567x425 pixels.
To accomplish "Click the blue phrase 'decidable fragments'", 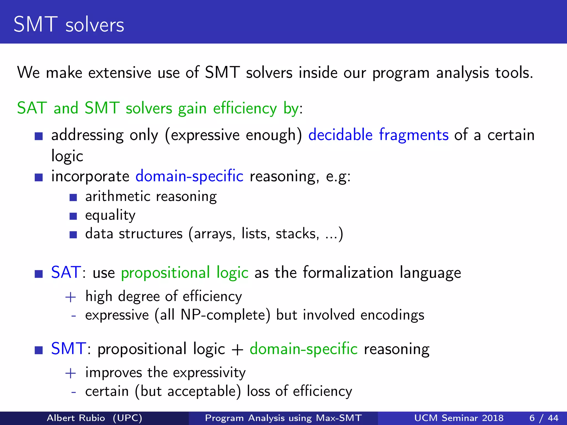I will point(378,135).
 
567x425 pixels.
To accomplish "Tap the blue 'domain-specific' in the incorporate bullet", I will point(189,176).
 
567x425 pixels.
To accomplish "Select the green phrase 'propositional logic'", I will point(185,273).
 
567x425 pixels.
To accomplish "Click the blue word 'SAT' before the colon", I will point(66,272).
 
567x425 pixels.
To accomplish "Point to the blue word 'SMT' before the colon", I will point(68,349).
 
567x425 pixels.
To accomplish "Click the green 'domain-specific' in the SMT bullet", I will point(303,349).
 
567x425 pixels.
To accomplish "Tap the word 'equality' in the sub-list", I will point(110,215).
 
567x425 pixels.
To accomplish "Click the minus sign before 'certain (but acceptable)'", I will point(73,392).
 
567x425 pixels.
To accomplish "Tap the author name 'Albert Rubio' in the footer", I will point(76,418).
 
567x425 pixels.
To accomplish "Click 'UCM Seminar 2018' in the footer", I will point(459,418).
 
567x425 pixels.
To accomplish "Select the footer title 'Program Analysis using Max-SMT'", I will point(283,418).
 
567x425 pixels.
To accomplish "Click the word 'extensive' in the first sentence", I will point(120,73).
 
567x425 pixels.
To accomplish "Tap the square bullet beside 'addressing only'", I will point(39,136).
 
